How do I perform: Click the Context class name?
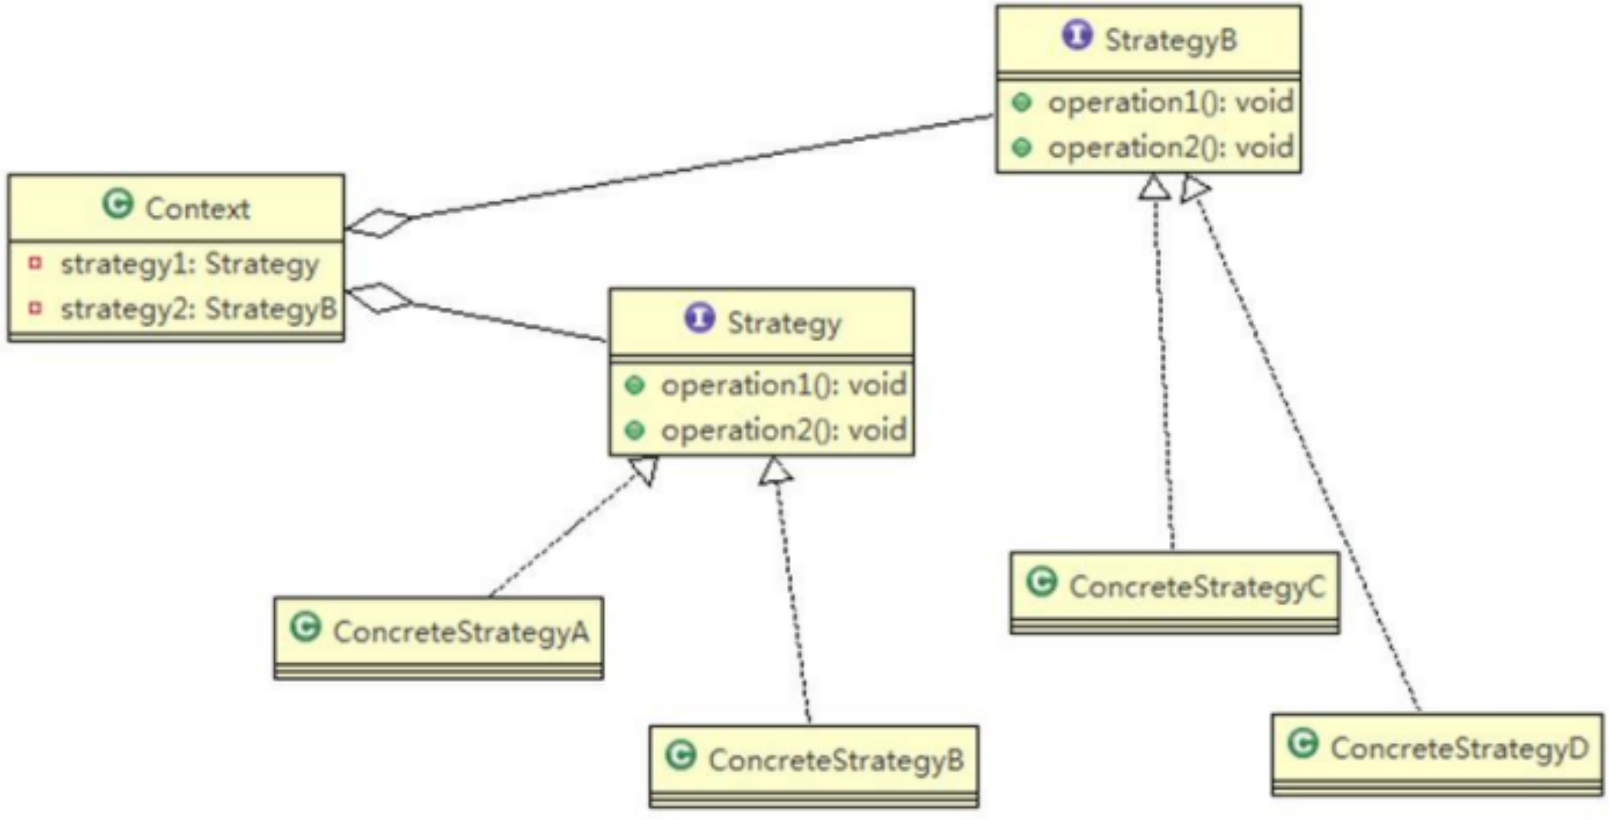(197, 209)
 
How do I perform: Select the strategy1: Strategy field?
(189, 264)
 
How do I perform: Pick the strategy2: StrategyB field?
(198, 309)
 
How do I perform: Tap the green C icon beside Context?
(118, 204)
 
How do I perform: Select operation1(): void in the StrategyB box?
(1170, 103)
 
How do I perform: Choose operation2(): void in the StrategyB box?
(1170, 148)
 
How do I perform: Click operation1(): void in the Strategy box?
(783, 385)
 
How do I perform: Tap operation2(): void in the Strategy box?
(783, 430)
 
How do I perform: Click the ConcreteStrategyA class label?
(461, 632)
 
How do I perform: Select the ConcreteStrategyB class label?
(836, 760)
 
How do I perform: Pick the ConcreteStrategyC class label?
(1197, 587)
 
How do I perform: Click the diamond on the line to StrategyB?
(379, 223)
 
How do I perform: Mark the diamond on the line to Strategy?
(379, 298)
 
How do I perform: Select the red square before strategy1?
(35, 263)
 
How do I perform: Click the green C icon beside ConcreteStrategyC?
(1042, 581)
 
